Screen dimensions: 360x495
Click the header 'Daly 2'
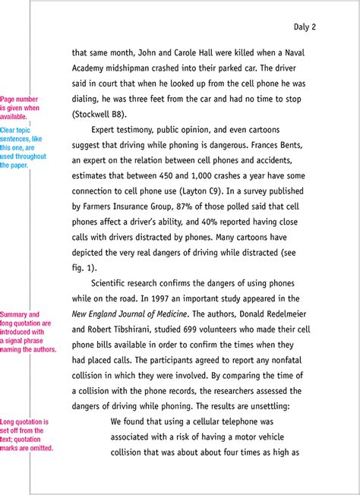[305, 27]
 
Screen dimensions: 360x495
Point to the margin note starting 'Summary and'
[28, 332]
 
